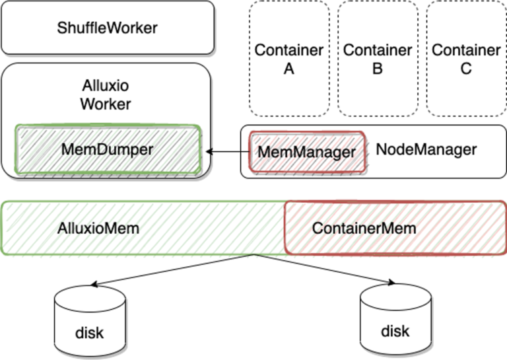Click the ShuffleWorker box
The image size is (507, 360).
click(x=108, y=28)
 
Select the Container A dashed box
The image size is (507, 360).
click(x=289, y=59)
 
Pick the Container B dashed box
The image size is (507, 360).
click(x=378, y=59)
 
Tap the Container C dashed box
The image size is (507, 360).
click(x=466, y=59)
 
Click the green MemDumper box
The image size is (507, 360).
click(x=108, y=149)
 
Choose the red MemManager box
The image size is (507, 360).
click(x=306, y=152)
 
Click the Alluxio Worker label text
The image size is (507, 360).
click(x=106, y=95)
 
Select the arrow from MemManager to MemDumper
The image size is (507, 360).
click(x=224, y=152)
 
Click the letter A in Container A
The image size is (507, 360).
click(x=289, y=68)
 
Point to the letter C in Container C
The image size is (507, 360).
click(x=466, y=68)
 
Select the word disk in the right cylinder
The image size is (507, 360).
click(x=395, y=330)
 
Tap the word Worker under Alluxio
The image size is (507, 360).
click(x=106, y=104)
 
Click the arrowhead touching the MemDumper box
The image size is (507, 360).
click(x=209, y=152)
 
